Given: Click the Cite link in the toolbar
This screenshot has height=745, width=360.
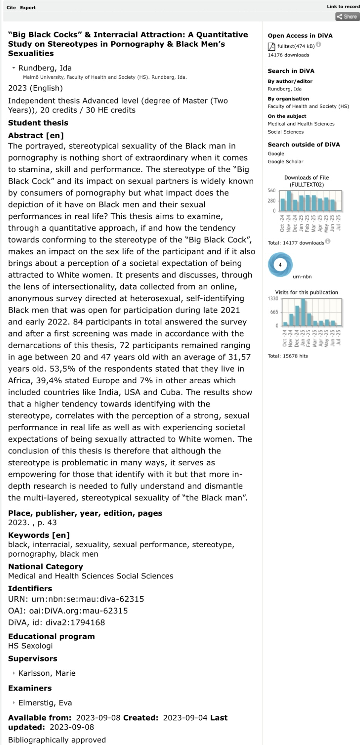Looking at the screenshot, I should [x=11, y=8].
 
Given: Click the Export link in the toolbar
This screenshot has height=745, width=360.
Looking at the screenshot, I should [x=28, y=8].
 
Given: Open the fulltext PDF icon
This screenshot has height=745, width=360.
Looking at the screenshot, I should [x=271, y=46].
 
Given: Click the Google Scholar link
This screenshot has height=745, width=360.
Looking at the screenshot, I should [x=285, y=162].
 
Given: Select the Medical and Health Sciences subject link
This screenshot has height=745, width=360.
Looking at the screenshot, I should [x=301, y=124].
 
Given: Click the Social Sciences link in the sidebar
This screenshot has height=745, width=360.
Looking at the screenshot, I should [x=285, y=132].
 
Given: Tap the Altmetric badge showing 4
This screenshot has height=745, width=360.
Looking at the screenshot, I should [x=280, y=265].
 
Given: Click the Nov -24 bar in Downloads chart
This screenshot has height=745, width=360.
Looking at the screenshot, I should [x=289, y=201].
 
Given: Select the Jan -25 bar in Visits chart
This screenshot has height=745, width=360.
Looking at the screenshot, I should [x=303, y=312].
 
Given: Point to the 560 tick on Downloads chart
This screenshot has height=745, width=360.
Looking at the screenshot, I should [x=271, y=191].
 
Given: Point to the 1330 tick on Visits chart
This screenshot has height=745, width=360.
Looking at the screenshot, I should [x=273, y=299].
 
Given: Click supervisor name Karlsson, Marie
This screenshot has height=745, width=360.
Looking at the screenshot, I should [x=47, y=673].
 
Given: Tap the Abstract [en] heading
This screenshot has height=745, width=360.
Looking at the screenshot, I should [x=36, y=136].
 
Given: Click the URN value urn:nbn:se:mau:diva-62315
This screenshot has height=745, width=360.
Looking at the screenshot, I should [x=87, y=599].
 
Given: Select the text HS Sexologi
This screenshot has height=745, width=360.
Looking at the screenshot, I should [x=31, y=646].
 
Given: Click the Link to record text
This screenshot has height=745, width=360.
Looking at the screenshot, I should [x=343, y=6].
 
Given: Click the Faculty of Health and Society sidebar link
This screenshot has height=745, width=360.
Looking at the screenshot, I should [x=308, y=106].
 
